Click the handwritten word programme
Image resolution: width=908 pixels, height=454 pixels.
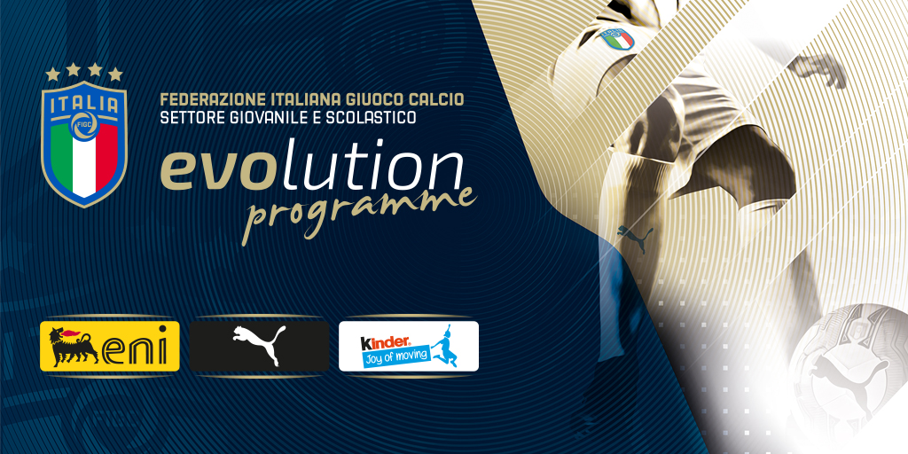(x=359, y=212)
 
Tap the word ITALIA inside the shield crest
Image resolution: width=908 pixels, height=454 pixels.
(x=84, y=106)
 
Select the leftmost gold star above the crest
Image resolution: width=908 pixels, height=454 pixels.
(x=52, y=74)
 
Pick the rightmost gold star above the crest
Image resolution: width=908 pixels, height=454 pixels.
(x=115, y=74)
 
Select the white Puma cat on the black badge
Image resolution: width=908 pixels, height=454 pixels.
(x=260, y=345)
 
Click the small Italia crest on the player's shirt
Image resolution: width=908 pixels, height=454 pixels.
(x=618, y=40)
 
